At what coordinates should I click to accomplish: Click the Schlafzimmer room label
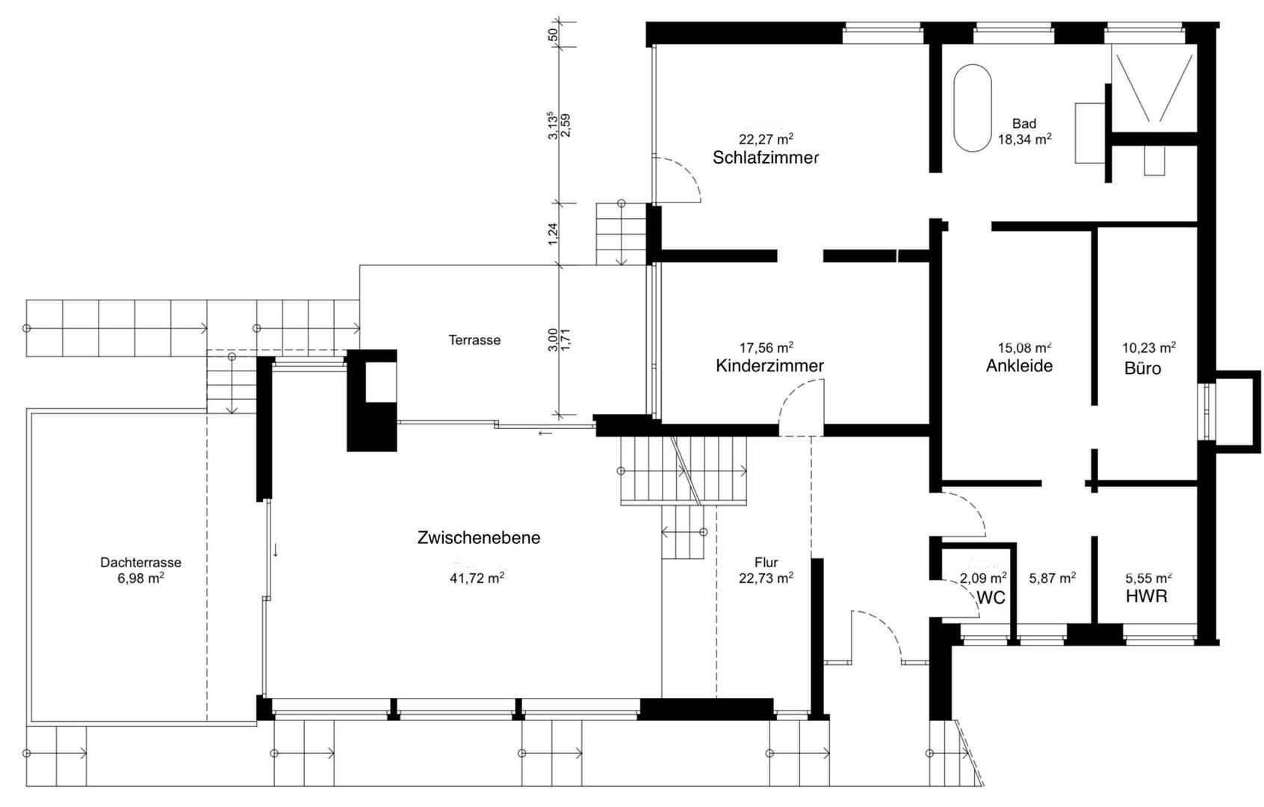[x=766, y=158]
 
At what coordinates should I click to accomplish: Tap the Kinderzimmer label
[x=769, y=365]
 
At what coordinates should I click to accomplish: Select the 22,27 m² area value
[x=766, y=138]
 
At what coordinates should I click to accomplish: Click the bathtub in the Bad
[x=972, y=108]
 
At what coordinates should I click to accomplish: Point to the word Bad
[x=1024, y=123]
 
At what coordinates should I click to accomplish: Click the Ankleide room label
[x=1019, y=365]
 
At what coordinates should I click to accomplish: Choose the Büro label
[x=1143, y=368]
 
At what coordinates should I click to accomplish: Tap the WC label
[x=991, y=598]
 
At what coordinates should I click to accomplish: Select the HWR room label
[x=1147, y=596]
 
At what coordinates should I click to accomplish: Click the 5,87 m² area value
[x=1053, y=578]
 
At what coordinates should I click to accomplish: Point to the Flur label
[x=766, y=563]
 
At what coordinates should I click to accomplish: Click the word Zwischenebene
[x=479, y=538]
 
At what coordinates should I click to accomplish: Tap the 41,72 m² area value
[x=477, y=578]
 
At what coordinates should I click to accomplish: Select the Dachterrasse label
[x=140, y=563]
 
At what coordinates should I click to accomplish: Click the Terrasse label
[x=474, y=340]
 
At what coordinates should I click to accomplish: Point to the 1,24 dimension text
[x=553, y=234]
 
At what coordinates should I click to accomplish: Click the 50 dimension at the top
[x=552, y=34]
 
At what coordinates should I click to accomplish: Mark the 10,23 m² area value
[x=1149, y=347]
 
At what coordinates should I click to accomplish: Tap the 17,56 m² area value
[x=766, y=347]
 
